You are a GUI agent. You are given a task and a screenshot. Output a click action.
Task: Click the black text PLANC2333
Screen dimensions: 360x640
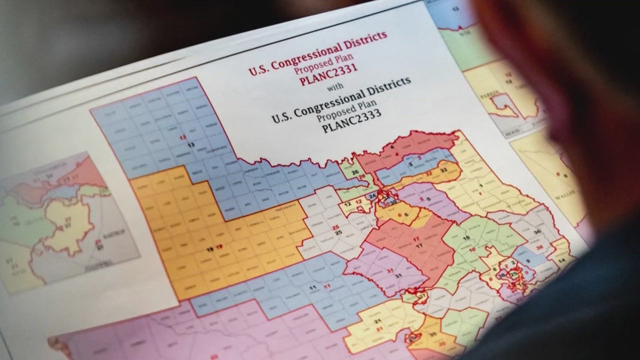pyautogui.click(x=352, y=121)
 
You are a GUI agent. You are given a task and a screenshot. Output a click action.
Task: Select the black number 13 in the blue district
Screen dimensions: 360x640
pyautogui.click(x=191, y=144)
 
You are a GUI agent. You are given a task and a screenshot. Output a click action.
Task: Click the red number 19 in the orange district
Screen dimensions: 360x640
pyautogui.click(x=219, y=247)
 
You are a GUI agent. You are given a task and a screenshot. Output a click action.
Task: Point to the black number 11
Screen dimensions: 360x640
pyautogui.click(x=313, y=288)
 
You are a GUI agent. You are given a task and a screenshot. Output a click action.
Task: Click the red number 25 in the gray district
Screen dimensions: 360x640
pyautogui.click(x=336, y=227)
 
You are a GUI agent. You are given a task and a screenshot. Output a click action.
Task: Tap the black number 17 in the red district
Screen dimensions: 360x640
pyautogui.click(x=419, y=246)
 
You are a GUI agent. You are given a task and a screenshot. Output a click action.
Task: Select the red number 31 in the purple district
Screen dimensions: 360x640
pyautogui.click(x=390, y=271)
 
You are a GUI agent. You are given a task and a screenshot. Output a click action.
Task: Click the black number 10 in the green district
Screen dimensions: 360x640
pyautogui.click(x=466, y=237)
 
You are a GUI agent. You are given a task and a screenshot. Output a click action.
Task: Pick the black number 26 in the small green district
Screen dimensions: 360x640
pyautogui.click(x=355, y=172)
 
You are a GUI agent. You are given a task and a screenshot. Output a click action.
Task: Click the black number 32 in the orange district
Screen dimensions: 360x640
pyautogui.click(x=444, y=170)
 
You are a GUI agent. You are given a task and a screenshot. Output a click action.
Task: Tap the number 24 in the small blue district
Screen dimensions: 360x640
pyautogui.click(x=372, y=196)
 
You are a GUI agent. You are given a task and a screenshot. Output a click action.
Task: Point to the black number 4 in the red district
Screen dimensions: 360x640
pyautogui.click(x=392, y=147)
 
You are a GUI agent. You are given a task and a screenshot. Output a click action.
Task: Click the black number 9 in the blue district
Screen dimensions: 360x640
pyautogui.click(x=528, y=261)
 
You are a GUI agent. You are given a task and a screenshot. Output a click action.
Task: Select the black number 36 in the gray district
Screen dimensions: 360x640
pyautogui.click(x=537, y=232)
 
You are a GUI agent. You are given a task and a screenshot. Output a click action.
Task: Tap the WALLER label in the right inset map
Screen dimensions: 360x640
pyautogui.click(x=564, y=194)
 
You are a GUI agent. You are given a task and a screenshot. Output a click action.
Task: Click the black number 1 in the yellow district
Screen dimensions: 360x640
pyautogui.click(x=481, y=186)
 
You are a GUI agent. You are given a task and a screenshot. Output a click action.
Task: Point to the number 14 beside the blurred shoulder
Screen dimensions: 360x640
pyautogui.click(x=562, y=261)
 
